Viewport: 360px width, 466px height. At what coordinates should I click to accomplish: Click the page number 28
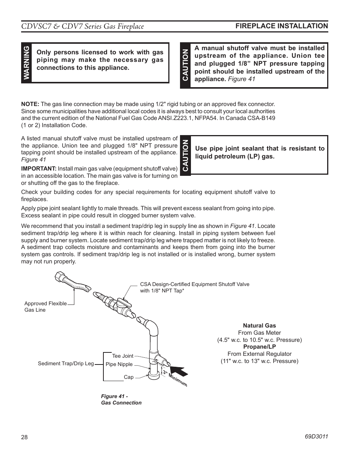[24, 437]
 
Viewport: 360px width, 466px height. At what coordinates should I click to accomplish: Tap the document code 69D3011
[316, 436]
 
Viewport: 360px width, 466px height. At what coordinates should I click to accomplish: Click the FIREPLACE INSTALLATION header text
[282, 26]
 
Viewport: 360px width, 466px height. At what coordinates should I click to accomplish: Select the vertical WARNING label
[26, 63]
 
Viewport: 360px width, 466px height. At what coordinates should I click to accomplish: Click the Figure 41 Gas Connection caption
[121, 400]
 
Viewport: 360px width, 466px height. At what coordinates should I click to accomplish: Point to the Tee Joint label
[123, 356]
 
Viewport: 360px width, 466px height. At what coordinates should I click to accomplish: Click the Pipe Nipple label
[119, 364]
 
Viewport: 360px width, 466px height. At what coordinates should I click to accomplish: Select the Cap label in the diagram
[128, 377]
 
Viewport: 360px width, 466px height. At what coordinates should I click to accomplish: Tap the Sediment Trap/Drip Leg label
[66, 363]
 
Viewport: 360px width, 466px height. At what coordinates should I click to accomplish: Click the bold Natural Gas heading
[259, 325]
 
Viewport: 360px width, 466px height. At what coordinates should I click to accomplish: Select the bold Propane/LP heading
[259, 346]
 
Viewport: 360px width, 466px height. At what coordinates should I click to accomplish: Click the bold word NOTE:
[30, 104]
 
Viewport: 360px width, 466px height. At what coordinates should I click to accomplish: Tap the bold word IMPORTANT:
[39, 168]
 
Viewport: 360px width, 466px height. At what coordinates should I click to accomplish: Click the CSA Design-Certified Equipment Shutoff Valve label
[194, 287]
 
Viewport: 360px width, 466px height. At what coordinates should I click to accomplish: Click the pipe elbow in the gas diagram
[153, 325]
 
